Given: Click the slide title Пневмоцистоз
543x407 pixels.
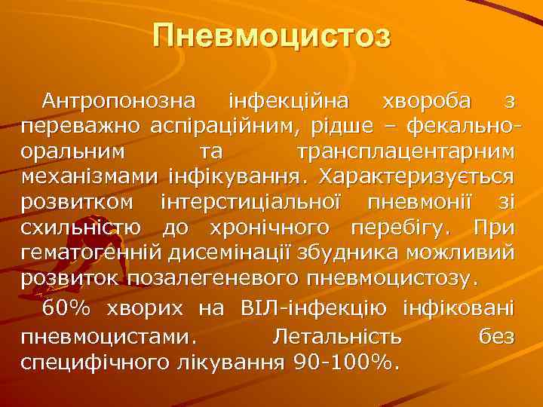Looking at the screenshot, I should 271,36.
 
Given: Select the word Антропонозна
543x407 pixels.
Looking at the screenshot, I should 118,101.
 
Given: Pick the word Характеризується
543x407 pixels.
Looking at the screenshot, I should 417,177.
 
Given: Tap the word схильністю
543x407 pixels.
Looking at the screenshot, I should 84,228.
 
